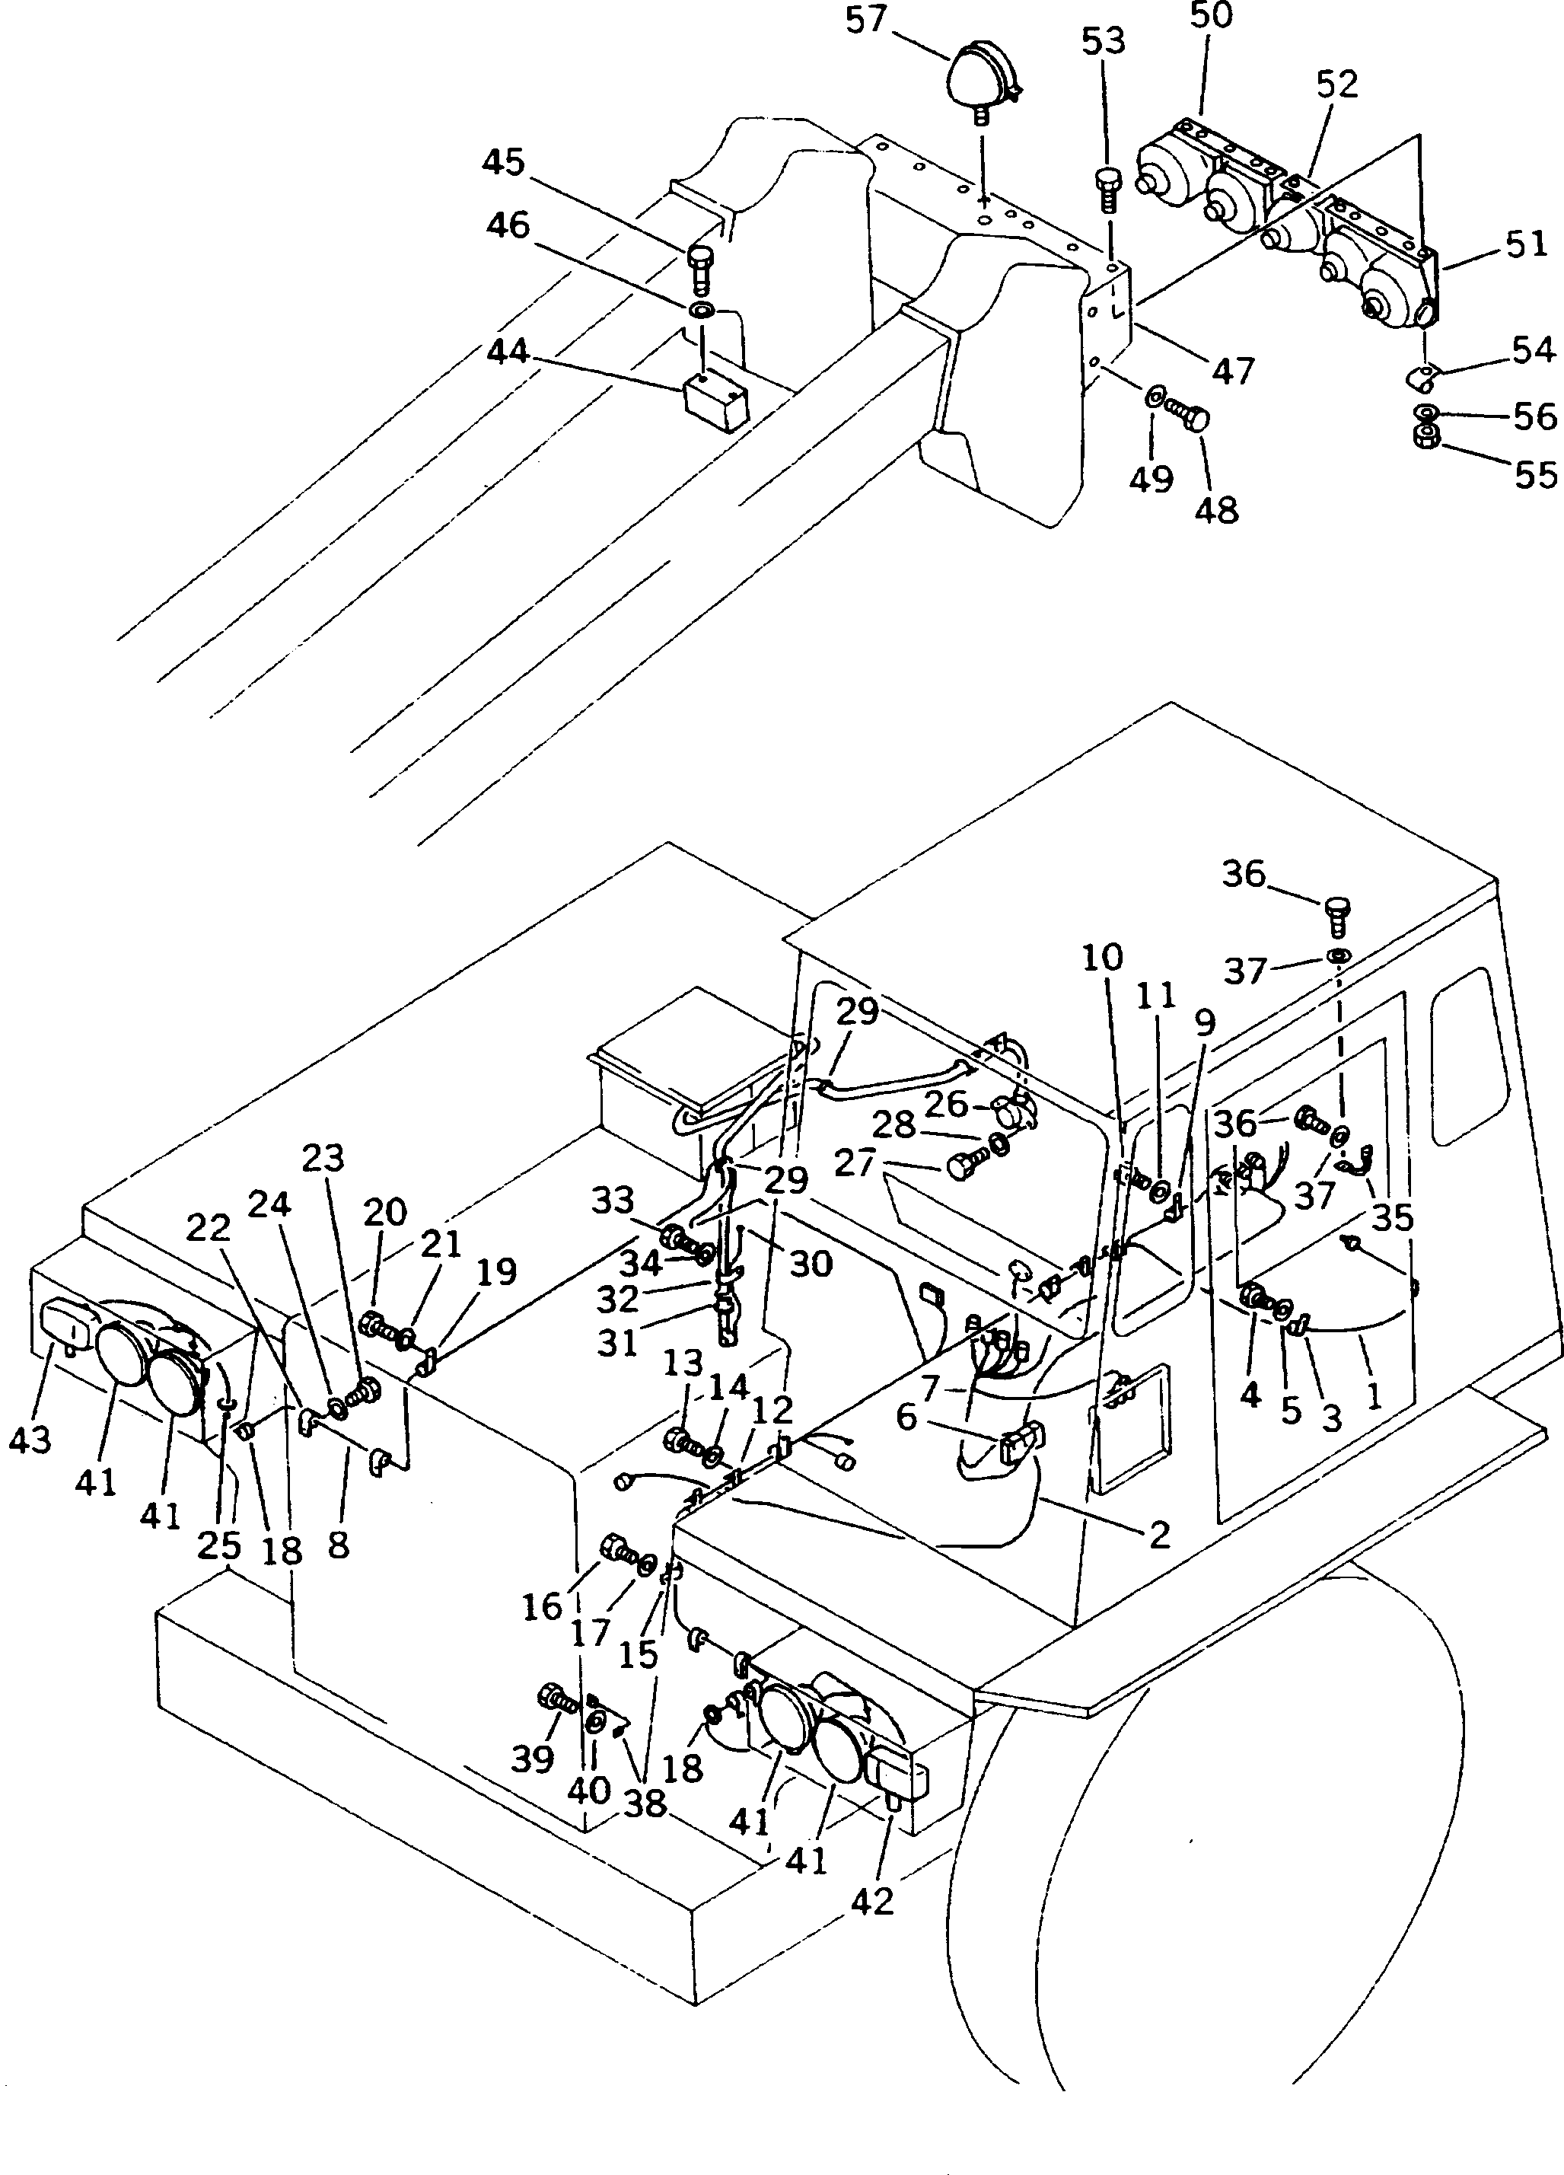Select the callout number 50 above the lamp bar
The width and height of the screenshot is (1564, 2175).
coord(1211,16)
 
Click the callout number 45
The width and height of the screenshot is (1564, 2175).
coord(503,162)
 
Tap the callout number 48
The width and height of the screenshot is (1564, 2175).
coord(1217,509)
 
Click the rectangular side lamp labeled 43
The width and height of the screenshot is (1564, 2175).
coord(66,1323)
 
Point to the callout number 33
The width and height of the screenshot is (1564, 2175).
coord(613,1200)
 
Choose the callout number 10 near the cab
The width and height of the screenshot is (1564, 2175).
coord(1102,956)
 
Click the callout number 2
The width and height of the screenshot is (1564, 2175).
coord(1159,1536)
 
